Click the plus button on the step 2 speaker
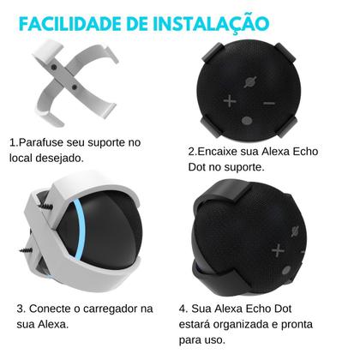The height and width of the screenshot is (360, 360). (229, 101)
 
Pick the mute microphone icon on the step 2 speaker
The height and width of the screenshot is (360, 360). (249, 83)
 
